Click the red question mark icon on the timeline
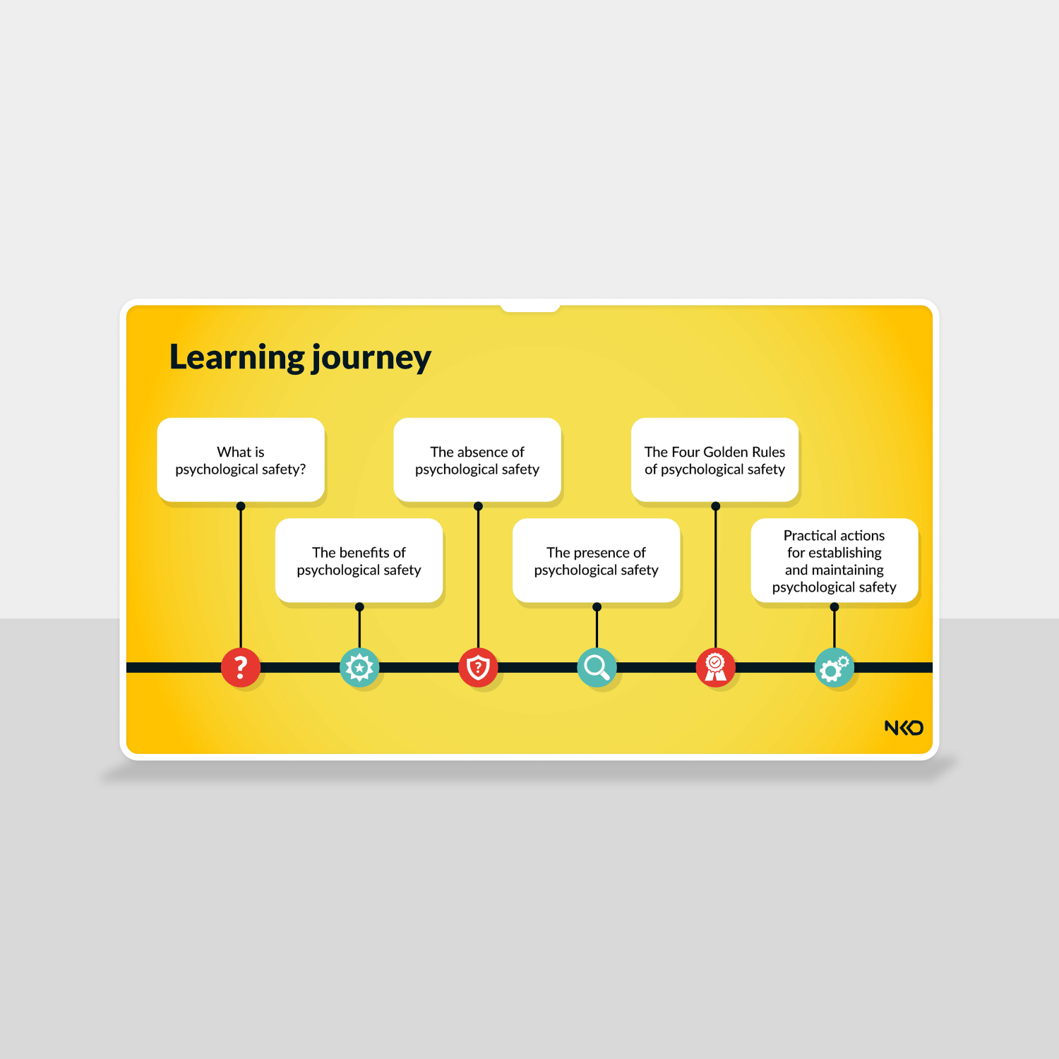pos(241,667)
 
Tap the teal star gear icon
pos(359,667)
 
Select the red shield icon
pos(478,667)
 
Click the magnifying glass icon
pos(597,667)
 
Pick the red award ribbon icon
pos(715,667)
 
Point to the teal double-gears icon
pos(834,667)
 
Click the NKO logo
pos(904,727)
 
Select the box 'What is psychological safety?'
pos(241,460)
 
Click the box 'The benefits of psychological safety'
pos(359,561)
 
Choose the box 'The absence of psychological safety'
pos(477,460)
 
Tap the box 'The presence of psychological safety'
pos(597,561)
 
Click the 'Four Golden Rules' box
pos(715,460)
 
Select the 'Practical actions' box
pos(834,561)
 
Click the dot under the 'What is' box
pos(241,506)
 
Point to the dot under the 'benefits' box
pos(359,606)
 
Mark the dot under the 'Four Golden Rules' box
pos(715,506)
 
